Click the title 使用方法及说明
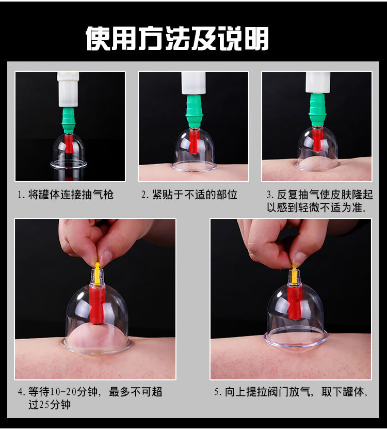point(178,39)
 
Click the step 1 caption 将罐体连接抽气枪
point(71,195)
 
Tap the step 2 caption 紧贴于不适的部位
point(195,195)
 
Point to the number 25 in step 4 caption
point(44,405)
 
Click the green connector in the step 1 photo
point(68,120)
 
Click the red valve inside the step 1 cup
point(69,143)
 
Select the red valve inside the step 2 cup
point(194,141)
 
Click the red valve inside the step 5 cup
point(294,302)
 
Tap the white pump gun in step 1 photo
point(68,89)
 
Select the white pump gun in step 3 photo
point(318,83)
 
